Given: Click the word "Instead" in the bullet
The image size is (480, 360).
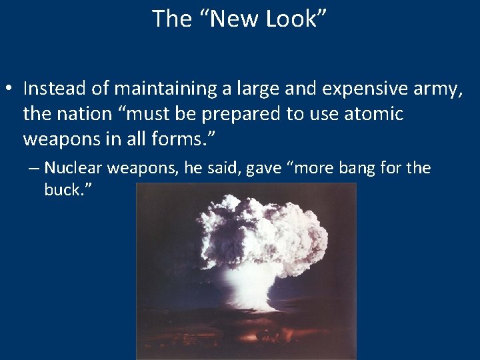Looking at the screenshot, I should pyautogui.click(x=50, y=88).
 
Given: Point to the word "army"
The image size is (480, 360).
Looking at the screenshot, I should pyautogui.click(x=438, y=89).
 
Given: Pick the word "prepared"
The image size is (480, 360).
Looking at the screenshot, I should pyautogui.click(x=242, y=115).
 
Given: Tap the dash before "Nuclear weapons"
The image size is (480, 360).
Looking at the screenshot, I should pyautogui.click(x=33, y=169).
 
